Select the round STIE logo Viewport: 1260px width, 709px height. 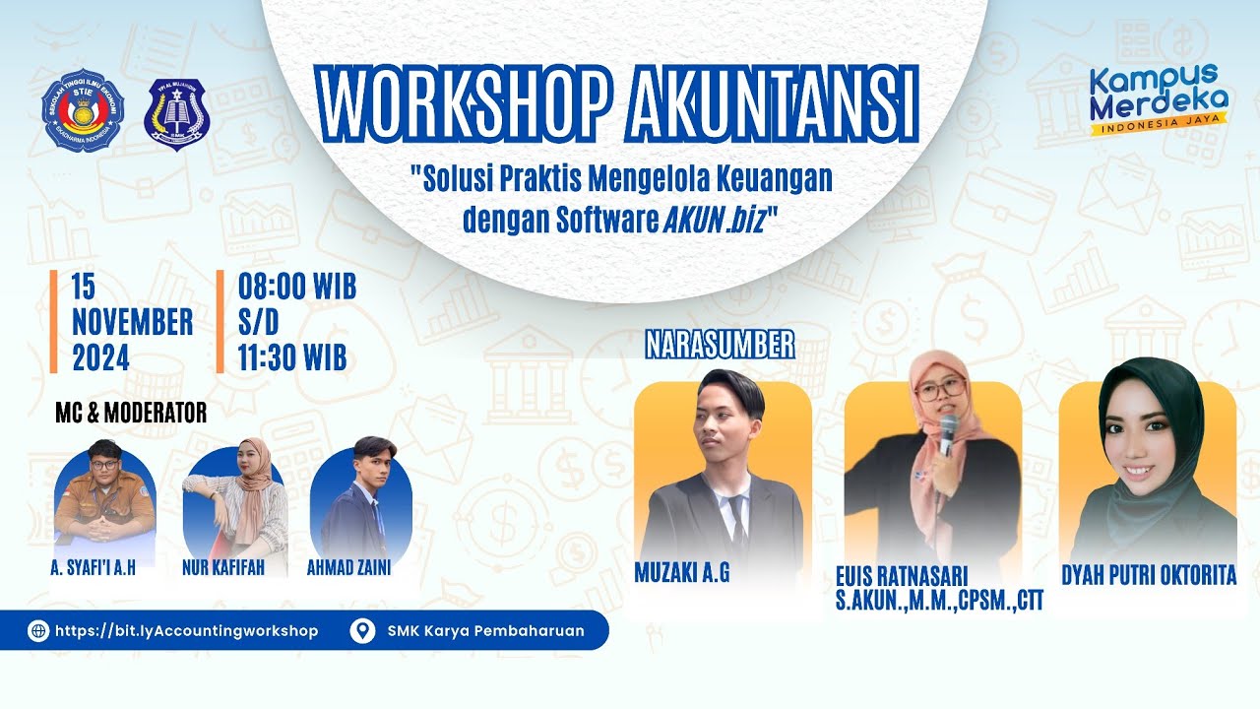(83, 109)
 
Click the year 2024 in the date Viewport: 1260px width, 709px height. (100, 357)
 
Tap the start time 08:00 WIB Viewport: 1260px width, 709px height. (297, 288)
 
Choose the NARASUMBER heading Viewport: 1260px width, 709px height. (720, 345)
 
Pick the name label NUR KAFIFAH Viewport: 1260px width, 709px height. (223, 568)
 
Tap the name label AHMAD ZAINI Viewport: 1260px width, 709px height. (348, 568)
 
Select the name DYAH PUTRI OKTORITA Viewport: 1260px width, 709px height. (1148, 576)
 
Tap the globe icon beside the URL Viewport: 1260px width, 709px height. (38, 631)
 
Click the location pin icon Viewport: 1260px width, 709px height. (362, 631)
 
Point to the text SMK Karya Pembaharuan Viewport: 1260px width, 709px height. (485, 631)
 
